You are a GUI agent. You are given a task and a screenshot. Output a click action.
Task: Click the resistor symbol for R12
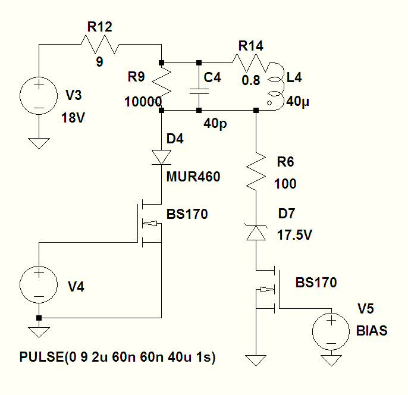100,45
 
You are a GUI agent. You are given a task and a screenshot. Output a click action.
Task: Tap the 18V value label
73,118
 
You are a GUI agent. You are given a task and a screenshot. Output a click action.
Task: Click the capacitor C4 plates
199,91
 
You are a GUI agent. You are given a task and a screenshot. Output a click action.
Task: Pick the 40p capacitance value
215,123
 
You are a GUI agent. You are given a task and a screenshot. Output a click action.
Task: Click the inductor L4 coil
276,86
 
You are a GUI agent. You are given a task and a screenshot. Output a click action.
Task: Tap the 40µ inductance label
297,102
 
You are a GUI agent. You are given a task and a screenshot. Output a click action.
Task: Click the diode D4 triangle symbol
162,158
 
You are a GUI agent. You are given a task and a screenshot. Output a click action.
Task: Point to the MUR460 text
193,177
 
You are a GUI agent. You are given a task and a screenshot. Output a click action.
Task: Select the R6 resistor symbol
256,171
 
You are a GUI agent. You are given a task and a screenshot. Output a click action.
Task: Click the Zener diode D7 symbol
256,232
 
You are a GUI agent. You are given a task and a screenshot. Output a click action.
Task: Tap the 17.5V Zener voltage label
294,235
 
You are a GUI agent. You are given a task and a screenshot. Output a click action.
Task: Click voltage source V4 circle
39,285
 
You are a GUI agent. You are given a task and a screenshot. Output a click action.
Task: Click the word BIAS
372,331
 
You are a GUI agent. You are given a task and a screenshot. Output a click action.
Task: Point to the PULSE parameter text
118,357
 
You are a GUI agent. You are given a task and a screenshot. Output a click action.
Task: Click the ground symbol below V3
39,143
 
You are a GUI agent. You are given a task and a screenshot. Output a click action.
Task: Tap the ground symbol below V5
331,360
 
